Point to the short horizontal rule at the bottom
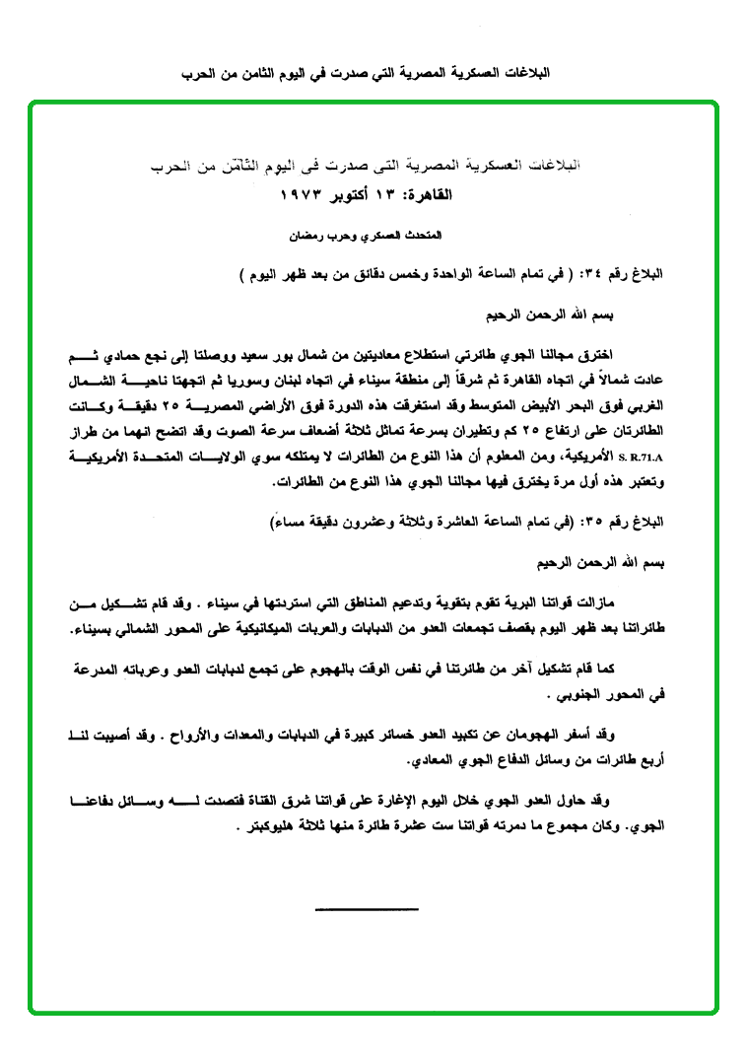pyautogui.click(x=369, y=908)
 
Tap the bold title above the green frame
pyautogui.click(x=369, y=74)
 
